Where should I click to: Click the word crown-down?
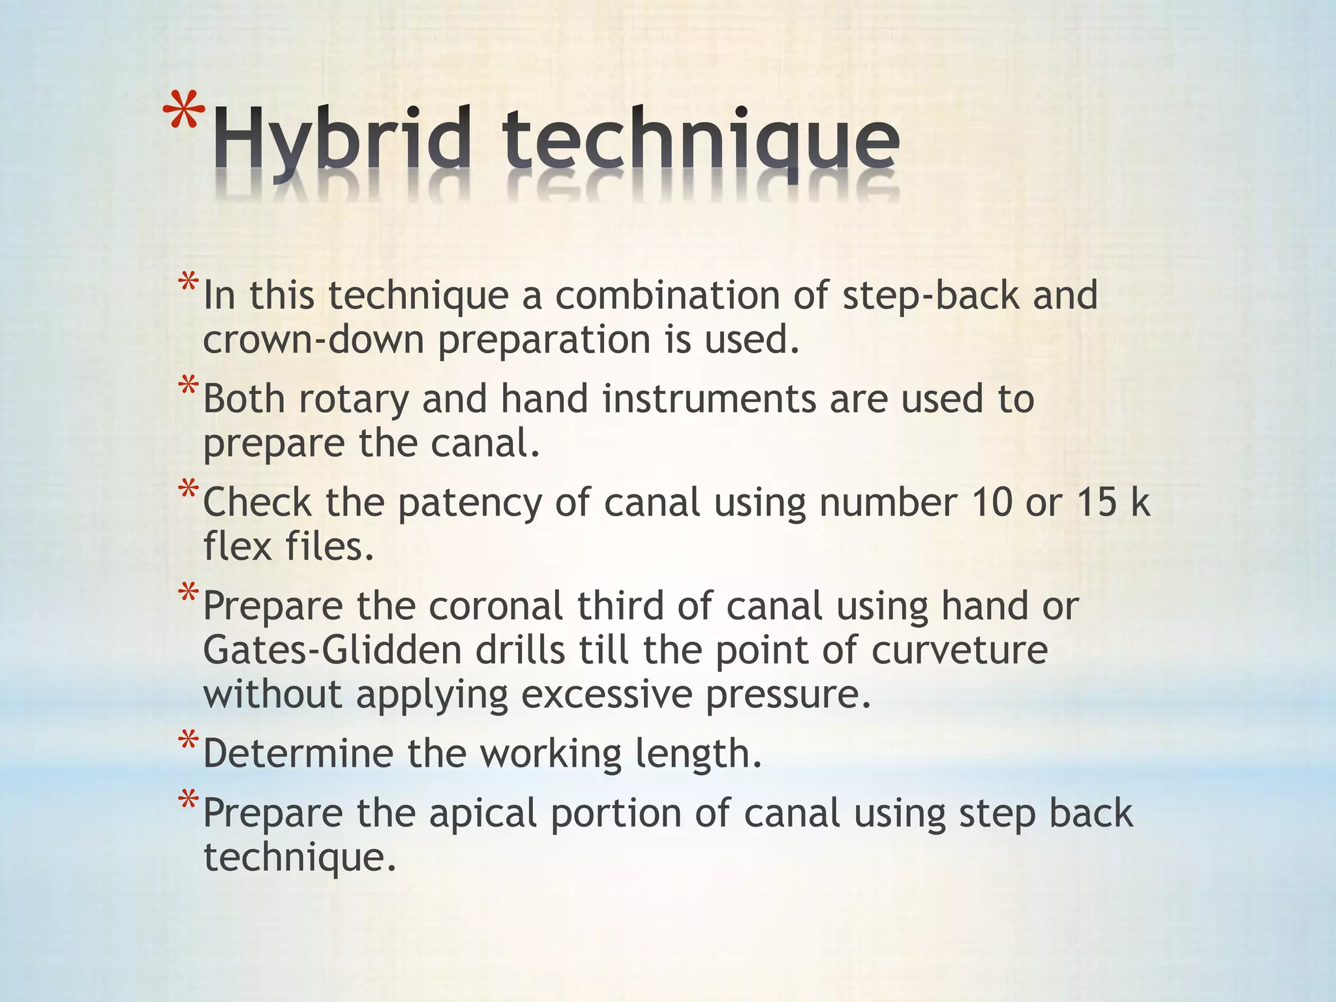[x=314, y=340]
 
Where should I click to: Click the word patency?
[x=470, y=504]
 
